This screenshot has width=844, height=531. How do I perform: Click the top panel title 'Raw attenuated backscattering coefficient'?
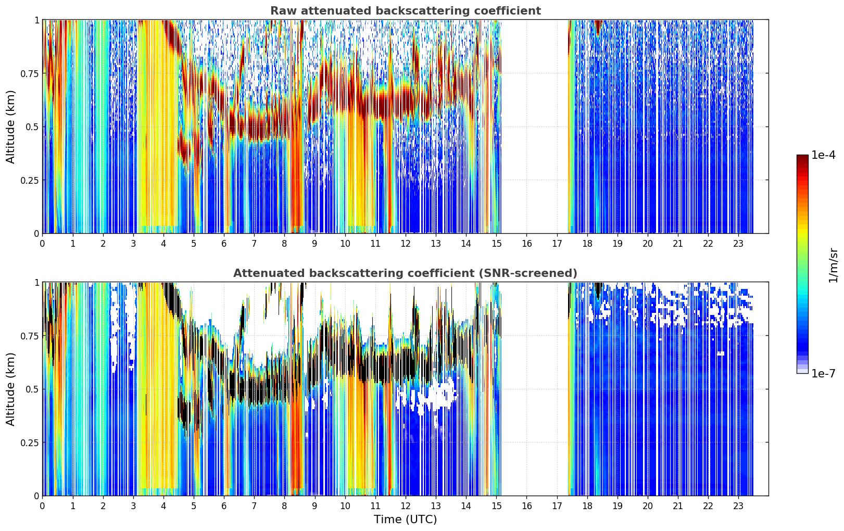[x=406, y=10]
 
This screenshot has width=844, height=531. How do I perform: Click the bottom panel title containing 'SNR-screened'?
[x=406, y=273]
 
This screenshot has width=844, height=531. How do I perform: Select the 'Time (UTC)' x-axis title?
[x=406, y=520]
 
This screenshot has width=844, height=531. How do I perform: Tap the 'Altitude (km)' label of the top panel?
[x=10, y=127]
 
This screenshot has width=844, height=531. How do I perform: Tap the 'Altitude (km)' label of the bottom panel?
[x=10, y=389]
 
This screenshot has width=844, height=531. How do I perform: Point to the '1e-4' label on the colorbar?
[x=823, y=155]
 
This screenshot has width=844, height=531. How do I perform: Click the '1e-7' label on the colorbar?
[x=823, y=374]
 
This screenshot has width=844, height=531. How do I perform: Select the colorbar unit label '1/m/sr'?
[x=833, y=265]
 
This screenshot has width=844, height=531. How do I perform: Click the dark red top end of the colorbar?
[x=802, y=157]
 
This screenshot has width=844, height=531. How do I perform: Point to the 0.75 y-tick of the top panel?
[x=29, y=73]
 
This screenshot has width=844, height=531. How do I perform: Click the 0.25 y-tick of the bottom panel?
[x=29, y=443]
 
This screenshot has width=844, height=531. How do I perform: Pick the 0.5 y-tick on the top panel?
[x=32, y=127]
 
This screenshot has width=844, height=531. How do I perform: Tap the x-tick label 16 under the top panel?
[x=527, y=244]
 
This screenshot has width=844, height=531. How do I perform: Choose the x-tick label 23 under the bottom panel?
[x=738, y=506]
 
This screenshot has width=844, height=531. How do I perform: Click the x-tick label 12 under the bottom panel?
[x=406, y=506]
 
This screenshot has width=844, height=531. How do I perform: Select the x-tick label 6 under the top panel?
[x=224, y=244]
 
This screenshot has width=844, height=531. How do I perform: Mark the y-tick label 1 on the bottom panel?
[x=36, y=283]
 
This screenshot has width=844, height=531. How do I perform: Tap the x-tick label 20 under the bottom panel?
[x=648, y=506]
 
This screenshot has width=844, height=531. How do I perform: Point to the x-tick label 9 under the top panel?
[x=314, y=244]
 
